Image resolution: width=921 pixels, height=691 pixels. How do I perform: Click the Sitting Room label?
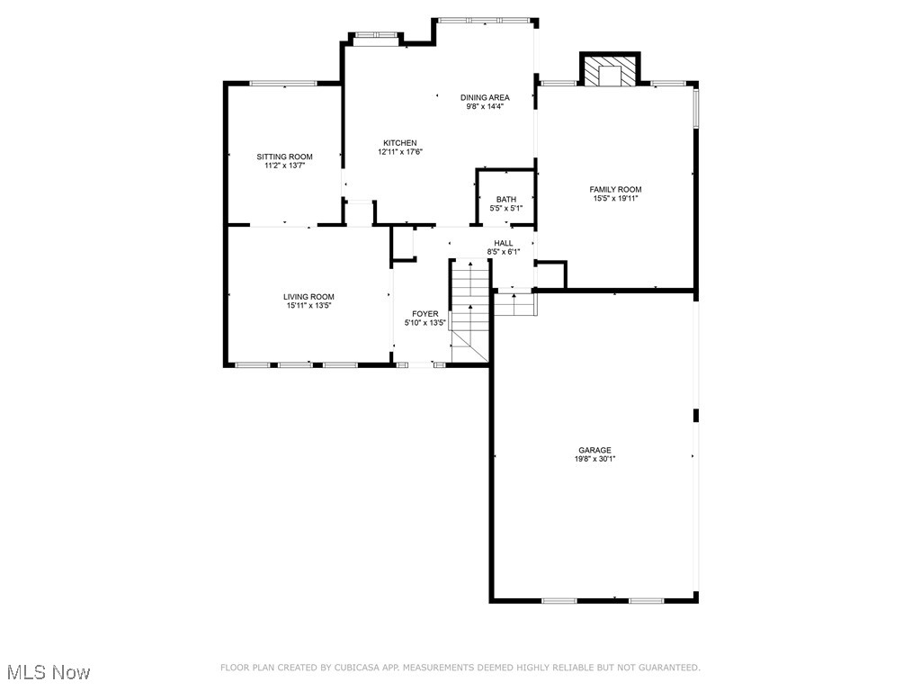tap(284, 157)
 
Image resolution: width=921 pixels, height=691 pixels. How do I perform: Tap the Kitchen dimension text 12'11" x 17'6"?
tap(400, 152)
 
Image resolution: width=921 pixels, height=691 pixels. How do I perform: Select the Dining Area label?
tap(485, 97)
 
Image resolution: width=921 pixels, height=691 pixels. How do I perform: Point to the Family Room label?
tap(615, 189)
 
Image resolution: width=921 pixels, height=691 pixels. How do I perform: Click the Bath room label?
tap(506, 200)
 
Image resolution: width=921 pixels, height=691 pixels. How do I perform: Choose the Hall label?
tap(504, 243)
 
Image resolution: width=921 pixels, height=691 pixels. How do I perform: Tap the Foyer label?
tap(425, 314)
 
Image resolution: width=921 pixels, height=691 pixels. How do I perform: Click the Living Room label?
tap(308, 297)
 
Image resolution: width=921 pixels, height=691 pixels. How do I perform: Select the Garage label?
tap(595, 450)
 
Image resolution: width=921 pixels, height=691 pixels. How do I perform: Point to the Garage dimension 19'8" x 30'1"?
tap(595, 459)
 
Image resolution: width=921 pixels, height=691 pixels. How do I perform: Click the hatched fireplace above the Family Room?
tap(610, 72)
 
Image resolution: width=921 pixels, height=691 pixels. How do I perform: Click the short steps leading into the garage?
tap(515, 304)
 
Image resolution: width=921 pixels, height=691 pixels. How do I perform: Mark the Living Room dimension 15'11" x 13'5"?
tap(308, 306)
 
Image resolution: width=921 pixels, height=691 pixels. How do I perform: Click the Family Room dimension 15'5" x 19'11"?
tap(615, 198)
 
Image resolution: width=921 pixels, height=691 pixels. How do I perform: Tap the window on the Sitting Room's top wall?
tap(283, 84)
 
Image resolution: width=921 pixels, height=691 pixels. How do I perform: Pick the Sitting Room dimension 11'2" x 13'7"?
tap(284, 166)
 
